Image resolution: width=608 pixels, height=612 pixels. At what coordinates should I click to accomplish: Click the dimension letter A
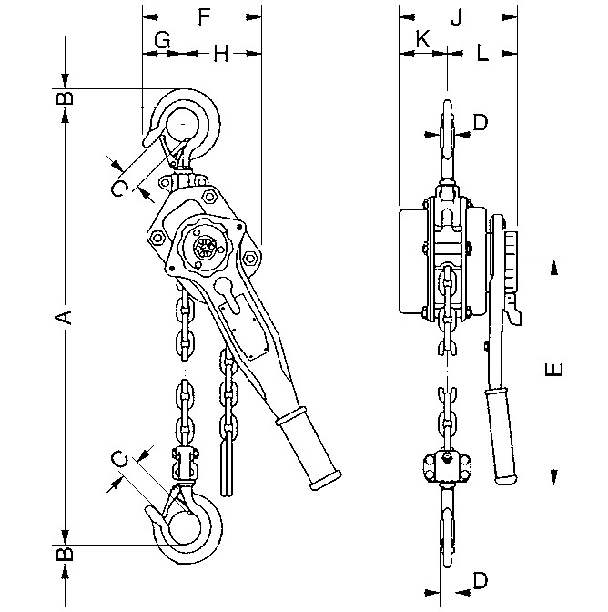pos(64,317)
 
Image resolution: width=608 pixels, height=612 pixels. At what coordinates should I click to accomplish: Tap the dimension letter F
pos(204,16)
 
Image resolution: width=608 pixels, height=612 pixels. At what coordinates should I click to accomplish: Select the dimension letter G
pos(162,40)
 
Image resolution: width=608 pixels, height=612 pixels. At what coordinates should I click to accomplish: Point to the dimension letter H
pos(221,54)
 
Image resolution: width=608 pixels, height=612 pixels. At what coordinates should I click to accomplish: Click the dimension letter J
pos(456,17)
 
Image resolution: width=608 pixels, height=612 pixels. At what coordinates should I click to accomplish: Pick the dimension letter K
pos(422,38)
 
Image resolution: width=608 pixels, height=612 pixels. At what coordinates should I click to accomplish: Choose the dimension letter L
pos(482,53)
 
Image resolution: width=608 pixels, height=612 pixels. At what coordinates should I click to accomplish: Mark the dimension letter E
pos(553,369)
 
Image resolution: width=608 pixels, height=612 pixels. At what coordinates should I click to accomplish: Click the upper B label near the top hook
pos(65,97)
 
